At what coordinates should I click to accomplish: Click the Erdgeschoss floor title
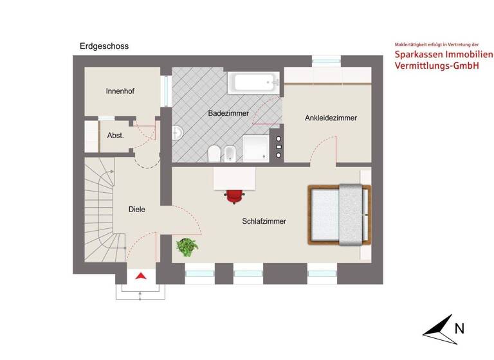coord(104,46)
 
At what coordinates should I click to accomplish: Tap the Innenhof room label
coord(120,91)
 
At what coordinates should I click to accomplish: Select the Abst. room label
coord(115,136)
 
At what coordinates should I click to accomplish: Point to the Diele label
coord(136,209)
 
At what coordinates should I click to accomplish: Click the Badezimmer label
coord(228,113)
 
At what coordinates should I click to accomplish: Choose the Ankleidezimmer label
coord(331,118)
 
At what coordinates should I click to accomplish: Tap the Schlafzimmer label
coord(264,221)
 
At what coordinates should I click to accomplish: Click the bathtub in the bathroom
coord(255,82)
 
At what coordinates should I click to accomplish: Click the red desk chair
coord(234,195)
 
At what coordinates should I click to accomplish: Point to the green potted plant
coord(187,246)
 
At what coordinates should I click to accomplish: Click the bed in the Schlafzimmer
coord(340,215)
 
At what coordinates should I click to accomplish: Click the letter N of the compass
coord(459,328)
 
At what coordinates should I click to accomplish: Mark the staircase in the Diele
coord(100,212)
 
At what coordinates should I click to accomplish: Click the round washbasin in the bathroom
coord(178,133)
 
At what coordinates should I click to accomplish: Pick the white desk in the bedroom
coord(234,177)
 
